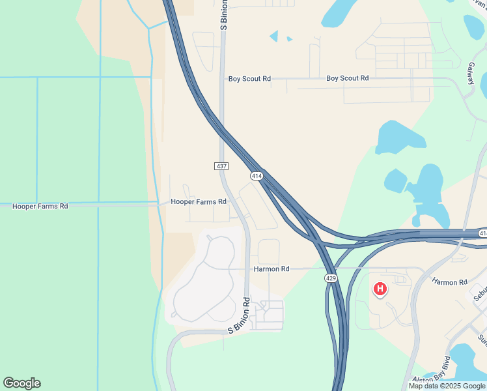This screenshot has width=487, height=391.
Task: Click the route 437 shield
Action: tap(221, 166)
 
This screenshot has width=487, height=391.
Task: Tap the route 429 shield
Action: tap(331, 278)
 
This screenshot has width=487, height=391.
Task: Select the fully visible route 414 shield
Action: tap(257, 176)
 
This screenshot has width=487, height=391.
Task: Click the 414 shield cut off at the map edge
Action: tap(482, 233)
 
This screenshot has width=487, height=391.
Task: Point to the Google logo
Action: tap(21, 383)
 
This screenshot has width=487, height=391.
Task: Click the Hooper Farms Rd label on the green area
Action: tap(40, 206)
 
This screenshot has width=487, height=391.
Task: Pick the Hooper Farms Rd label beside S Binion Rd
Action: tap(198, 202)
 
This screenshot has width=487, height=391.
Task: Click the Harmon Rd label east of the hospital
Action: tap(449, 282)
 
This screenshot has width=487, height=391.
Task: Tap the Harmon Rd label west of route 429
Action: tap(271, 268)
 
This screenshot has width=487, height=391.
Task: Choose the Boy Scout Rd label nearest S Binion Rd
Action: tap(249, 79)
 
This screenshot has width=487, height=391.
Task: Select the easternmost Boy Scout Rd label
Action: tap(347, 78)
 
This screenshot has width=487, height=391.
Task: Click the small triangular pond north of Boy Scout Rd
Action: tap(274, 36)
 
